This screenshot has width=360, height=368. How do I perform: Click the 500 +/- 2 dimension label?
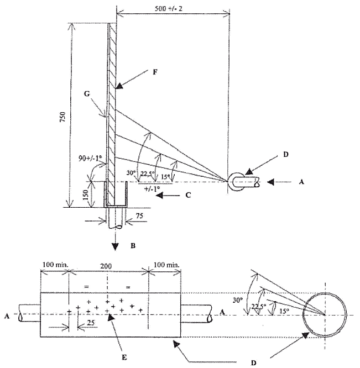coord(168,9)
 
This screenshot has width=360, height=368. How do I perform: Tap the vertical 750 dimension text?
coord(63,117)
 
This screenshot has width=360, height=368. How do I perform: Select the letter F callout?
coord(155,72)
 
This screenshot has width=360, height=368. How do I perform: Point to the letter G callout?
coord(87,93)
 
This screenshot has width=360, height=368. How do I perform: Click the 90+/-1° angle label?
coord(90,159)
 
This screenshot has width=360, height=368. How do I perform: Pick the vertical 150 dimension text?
coord(86,194)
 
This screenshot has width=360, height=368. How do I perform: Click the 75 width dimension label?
coord(139,215)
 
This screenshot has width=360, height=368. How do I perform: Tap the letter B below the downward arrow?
coord(133,246)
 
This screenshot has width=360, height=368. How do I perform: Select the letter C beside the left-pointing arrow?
coord(188,195)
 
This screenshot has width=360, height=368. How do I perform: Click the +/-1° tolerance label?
coord(152,188)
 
